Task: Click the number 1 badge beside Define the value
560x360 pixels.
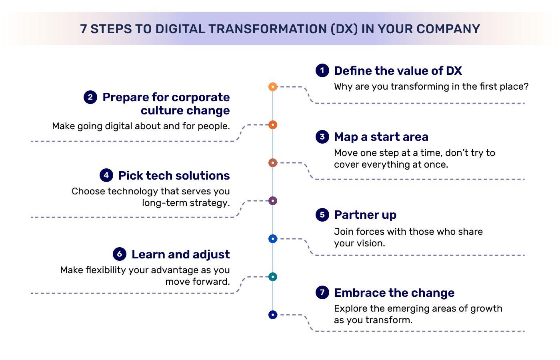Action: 322,70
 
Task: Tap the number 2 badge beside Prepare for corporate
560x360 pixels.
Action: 90,97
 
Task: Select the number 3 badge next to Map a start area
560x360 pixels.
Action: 322,137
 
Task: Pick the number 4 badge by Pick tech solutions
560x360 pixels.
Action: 106,175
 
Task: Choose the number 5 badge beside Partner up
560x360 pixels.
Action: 322,215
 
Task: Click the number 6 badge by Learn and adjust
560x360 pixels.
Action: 119,254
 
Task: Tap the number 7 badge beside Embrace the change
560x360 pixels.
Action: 322,292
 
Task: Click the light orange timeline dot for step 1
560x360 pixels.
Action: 273,86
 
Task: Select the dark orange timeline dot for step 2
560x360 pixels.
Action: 273,125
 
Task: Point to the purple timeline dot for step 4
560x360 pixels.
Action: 273,201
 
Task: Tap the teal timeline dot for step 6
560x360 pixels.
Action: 273,277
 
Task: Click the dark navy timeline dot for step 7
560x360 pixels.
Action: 273,315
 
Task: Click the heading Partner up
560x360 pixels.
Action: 365,215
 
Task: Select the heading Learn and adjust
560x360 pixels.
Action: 180,254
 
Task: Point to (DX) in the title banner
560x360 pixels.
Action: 344,29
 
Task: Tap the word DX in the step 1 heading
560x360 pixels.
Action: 454,71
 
